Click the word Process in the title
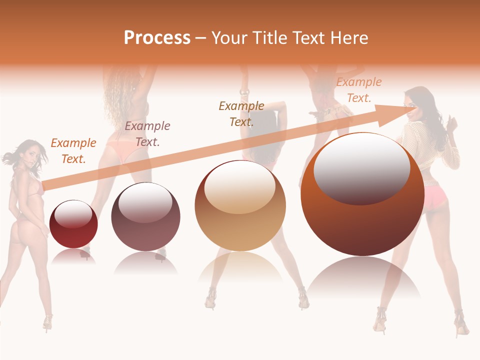(x=157, y=38)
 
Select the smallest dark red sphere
(x=74, y=224)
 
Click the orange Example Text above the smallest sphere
(x=73, y=150)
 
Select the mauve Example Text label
(x=147, y=133)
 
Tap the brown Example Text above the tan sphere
(x=241, y=113)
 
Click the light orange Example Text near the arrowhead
(x=359, y=90)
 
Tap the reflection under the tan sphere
(x=240, y=267)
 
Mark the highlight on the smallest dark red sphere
(x=73, y=214)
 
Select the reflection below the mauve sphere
(x=145, y=263)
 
